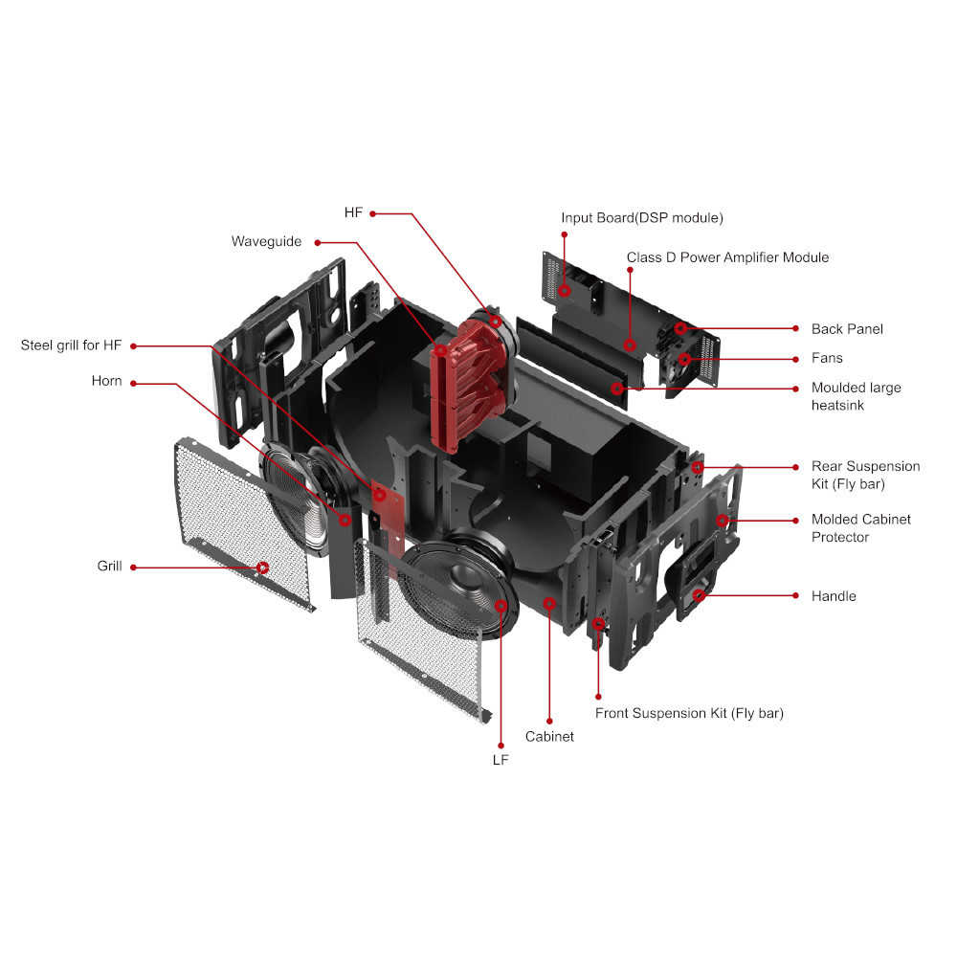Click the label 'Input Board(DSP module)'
[642, 218]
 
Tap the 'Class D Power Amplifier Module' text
[727, 257]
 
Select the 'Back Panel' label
[847, 329]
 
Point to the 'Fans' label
[827, 358]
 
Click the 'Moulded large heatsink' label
[856, 396]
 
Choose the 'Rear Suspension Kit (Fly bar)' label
[865, 475]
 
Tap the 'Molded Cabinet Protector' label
[860, 527]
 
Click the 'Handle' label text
[834, 596]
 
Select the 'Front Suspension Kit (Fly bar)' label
[689, 713]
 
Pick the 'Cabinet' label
[549, 737]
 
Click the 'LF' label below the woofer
[501, 760]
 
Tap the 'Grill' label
[110, 567]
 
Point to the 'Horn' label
[107, 381]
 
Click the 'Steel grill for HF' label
[71, 345]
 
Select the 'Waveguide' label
[266, 241]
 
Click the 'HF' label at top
[353, 212]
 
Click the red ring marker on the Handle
[700, 595]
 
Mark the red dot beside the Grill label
[133, 567]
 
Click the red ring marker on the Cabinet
[549, 603]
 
